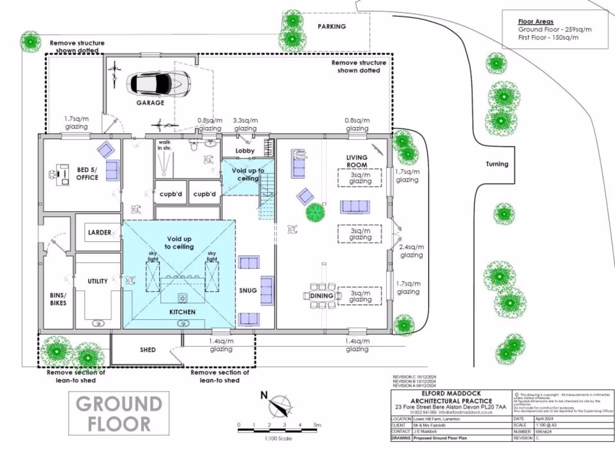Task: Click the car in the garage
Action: coord(159,83)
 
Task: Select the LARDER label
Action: coord(100,232)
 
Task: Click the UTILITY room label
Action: coord(97,281)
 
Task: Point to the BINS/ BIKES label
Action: coord(58,299)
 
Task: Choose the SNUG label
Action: coord(247,291)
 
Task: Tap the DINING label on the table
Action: coord(322,296)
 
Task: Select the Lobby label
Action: coord(245,151)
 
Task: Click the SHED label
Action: coord(148,350)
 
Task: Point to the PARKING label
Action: coord(332,26)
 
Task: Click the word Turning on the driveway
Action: coord(497,164)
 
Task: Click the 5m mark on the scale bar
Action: coord(316,426)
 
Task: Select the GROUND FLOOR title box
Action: coord(119,414)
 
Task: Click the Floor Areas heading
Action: coord(532,21)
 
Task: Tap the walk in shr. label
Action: coord(163,145)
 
